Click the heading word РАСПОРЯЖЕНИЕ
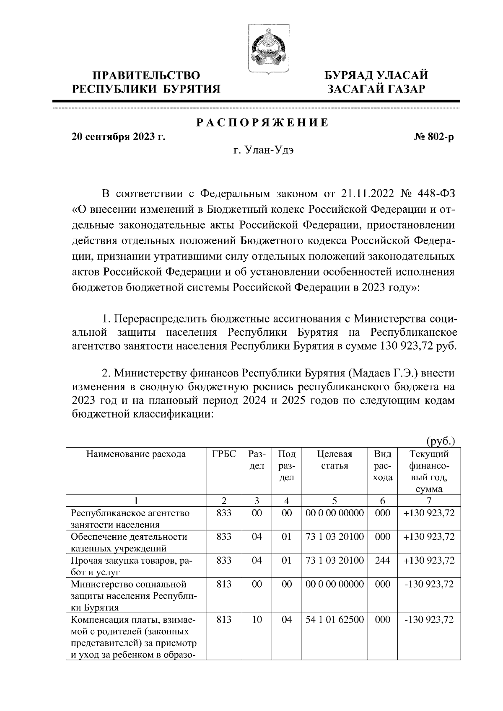(x=263, y=123)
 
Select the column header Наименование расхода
(x=136, y=454)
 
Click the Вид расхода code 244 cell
(x=382, y=560)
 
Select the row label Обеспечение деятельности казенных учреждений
(x=129, y=542)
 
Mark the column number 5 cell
(x=334, y=500)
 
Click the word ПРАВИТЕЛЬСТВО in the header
(x=146, y=75)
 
